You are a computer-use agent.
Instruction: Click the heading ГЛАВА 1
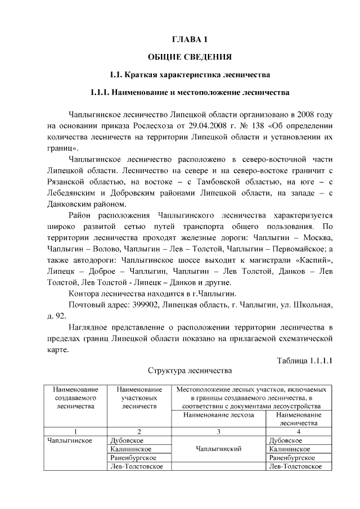190,40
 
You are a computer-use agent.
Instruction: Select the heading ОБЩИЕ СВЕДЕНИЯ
190,57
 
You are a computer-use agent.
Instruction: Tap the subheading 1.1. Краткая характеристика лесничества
190,74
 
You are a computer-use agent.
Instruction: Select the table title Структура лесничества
190,371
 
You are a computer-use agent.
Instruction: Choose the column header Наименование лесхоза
219,415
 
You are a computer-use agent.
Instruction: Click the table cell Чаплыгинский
219,449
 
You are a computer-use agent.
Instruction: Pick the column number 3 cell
219,431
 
